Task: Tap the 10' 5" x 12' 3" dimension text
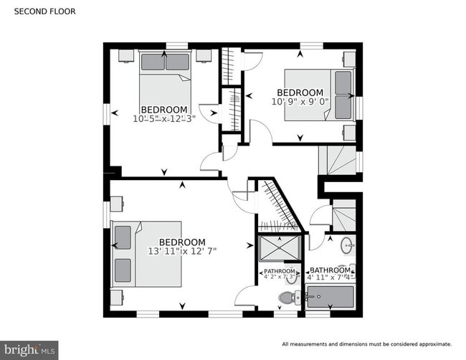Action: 164,118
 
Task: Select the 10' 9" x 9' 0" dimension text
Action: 300,102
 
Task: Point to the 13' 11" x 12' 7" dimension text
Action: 181,251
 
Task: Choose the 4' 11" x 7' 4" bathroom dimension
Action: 331,278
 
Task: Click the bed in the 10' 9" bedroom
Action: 320,95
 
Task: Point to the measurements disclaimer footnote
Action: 366,344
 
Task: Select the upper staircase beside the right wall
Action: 341,159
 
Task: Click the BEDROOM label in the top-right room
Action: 300,93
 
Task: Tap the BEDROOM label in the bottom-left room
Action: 181,242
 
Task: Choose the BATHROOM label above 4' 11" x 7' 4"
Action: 331,270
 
